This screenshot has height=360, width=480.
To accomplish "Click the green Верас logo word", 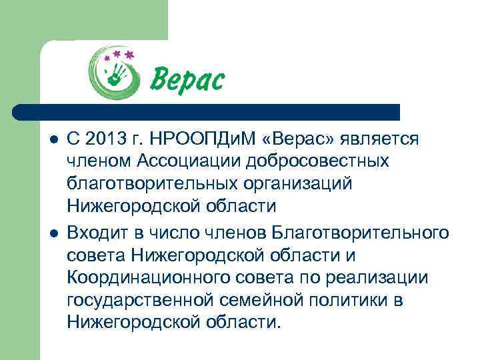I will point(187,80).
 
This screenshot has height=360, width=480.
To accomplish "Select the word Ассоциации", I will point(195,161).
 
